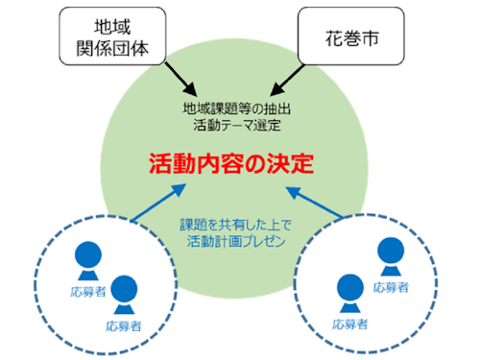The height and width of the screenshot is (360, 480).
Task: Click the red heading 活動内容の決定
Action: coord(231,163)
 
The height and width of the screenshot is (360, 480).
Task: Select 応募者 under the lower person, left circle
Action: coord(124,325)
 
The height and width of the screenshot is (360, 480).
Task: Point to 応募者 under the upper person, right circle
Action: coord(390,286)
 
